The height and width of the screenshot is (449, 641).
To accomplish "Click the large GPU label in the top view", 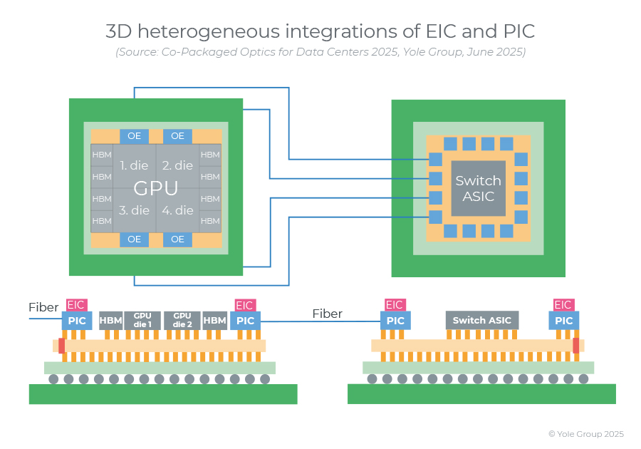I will coord(155,188).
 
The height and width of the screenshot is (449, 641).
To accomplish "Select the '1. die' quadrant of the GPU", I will coord(134,165).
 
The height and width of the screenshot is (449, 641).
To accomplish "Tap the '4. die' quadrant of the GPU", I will coord(177,210).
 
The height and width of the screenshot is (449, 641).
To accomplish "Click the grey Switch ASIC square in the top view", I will coord(478,188).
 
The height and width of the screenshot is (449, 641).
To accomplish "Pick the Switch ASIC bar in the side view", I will coord(482,321).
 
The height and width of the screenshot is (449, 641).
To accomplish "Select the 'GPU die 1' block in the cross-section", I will coord(142,321).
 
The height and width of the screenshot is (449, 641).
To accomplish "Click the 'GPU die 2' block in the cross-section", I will coord(182,321).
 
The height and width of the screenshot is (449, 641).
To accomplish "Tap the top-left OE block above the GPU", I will coord(134,136).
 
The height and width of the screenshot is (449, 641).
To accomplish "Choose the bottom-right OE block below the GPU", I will coord(177,239).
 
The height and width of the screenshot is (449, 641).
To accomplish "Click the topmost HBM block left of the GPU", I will coord(102,155).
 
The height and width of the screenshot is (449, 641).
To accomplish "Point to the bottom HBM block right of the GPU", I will coord(210,221).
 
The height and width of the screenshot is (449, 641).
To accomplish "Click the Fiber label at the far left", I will coord(43,308).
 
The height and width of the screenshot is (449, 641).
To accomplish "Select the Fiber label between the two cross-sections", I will coord(328,314).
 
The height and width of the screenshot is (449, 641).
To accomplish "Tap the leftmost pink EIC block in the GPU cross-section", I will coord(76,305).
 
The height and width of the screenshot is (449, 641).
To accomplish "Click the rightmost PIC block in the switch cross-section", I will coord(563,321).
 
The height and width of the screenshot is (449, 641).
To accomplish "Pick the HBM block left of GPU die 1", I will coord(110,321).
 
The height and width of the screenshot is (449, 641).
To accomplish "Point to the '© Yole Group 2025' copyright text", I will coord(585,433).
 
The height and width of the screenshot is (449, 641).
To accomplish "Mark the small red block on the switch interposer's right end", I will coord(575,345).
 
